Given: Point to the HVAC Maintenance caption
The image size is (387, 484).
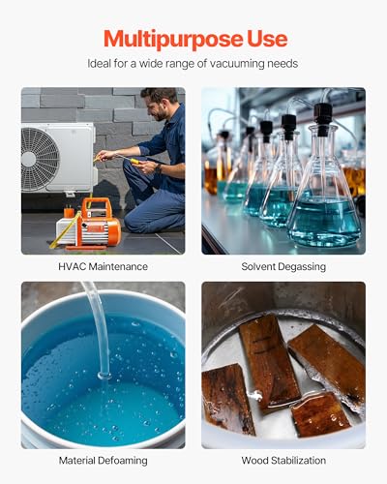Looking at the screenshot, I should pyautogui.click(x=103, y=266).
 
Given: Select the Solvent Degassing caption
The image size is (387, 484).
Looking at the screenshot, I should pyautogui.click(x=283, y=266).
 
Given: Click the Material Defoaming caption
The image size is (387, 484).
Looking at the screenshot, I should pyautogui.click(x=103, y=461).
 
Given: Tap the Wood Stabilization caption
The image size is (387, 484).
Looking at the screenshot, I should pyautogui.click(x=283, y=461).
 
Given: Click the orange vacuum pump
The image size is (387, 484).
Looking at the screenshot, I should pyautogui.click(x=93, y=222).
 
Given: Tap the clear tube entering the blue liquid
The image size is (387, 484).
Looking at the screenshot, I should pyautogui.click(x=97, y=329).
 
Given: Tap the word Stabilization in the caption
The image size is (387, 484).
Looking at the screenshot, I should pyautogui.click(x=299, y=461).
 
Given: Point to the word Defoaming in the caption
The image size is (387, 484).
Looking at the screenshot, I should pyautogui.click(x=121, y=461).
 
